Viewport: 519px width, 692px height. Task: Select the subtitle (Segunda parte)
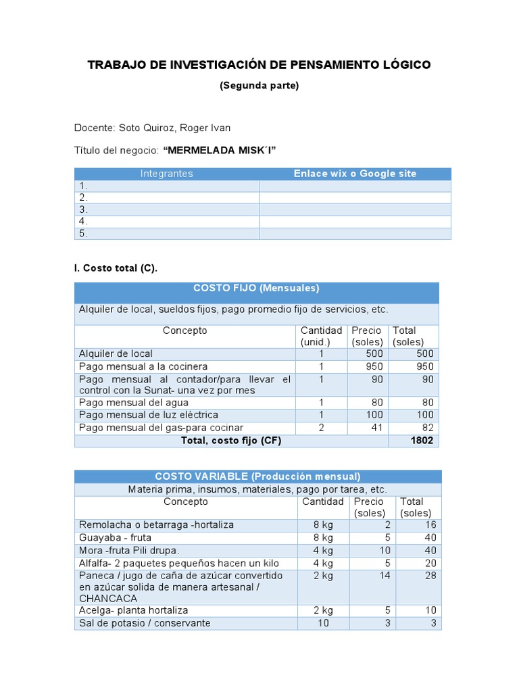[x=259, y=85]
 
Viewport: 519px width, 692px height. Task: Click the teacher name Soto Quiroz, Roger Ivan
[x=174, y=128]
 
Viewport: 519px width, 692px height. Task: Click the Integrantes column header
[x=166, y=174]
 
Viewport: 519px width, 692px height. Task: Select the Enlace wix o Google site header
[x=355, y=174]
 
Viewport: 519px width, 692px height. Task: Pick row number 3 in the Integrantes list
[x=84, y=209]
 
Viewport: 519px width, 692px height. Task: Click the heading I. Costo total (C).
[x=116, y=268]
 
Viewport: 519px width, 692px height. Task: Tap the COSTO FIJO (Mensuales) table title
[x=256, y=289]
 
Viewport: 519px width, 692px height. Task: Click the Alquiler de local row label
[x=116, y=353]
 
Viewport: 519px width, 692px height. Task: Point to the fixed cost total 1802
[x=422, y=441]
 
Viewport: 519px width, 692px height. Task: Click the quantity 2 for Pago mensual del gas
[x=322, y=428]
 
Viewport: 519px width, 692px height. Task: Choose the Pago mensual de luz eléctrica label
[x=148, y=414]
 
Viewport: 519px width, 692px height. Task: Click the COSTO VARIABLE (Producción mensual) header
[x=257, y=476]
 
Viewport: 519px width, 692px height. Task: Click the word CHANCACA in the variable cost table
[x=109, y=599]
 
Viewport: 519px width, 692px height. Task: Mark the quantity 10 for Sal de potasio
[x=323, y=623]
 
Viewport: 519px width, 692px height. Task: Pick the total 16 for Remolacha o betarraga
[x=430, y=524]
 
